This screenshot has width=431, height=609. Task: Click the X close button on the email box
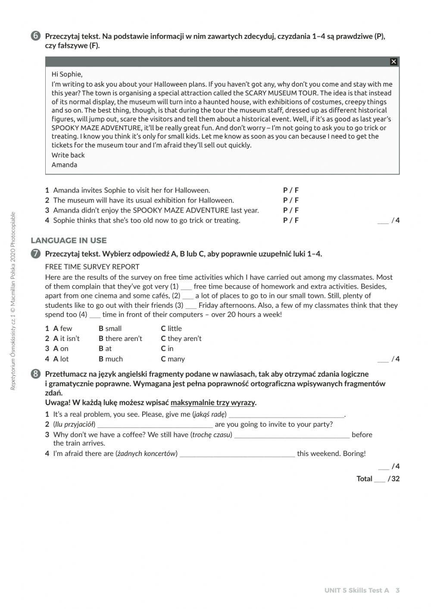pos(393,62)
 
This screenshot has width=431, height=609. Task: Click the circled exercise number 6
pos(36,36)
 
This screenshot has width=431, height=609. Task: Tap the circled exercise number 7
pos(36,254)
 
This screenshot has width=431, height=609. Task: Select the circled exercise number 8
pos(36,374)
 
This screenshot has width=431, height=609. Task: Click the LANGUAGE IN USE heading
pos(69,240)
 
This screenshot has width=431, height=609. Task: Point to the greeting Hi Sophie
pos(67,74)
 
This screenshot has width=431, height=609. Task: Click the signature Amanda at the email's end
pos(64,165)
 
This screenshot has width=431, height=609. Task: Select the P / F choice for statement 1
pos(290,190)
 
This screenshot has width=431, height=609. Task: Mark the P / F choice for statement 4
pos(290,220)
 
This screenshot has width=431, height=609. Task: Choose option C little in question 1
pos(171,328)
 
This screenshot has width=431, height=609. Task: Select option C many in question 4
pos(173,359)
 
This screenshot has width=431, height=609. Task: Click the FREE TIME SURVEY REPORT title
pos(92,267)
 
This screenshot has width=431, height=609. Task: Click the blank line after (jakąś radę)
pos(287,415)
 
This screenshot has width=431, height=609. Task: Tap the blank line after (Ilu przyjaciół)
pos(155,425)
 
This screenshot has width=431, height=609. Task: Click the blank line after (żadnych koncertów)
pos(237,453)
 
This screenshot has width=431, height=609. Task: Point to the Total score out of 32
pos(378,478)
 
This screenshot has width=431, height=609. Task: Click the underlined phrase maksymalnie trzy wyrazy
pos(213,403)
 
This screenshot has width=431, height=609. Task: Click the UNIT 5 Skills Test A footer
pos(357,590)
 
